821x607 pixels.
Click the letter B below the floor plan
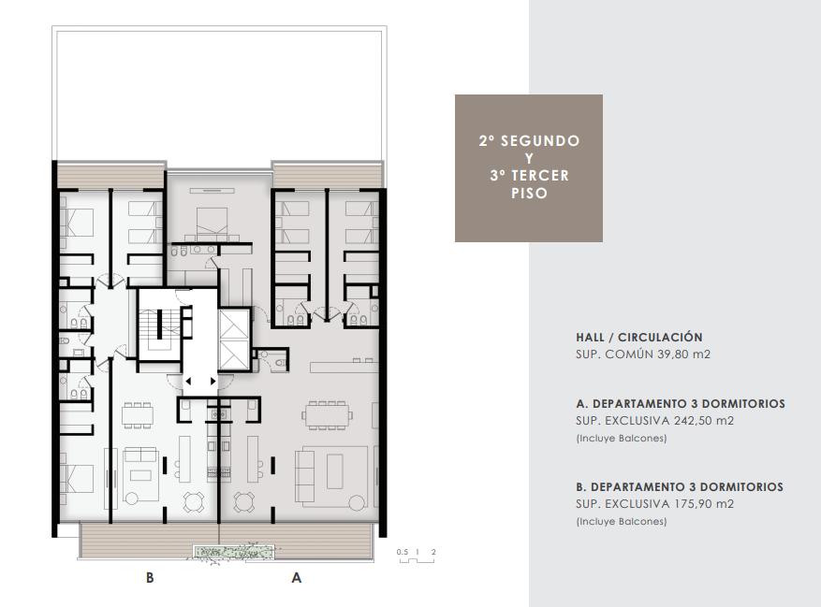coord(150,578)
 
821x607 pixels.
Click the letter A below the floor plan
coord(297,578)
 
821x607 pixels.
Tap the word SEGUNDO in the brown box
coord(540,141)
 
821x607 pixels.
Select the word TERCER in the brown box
coord(540,175)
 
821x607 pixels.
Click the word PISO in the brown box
coord(529,193)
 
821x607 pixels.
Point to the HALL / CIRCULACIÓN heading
coord(638,338)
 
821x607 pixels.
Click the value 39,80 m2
coord(683,354)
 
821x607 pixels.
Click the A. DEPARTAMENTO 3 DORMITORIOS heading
coord(681,404)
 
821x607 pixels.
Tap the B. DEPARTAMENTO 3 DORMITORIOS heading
coord(680,487)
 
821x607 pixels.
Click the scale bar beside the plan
coord(417,561)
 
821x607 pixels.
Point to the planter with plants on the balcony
coord(233,552)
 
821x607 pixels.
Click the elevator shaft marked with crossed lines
coord(234,340)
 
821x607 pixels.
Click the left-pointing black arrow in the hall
coord(188,381)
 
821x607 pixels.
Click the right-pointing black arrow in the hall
coord(213,381)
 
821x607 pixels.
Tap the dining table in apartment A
coord(328,415)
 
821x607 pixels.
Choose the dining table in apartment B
coord(138,415)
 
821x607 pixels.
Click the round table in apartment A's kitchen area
coord(244,502)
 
